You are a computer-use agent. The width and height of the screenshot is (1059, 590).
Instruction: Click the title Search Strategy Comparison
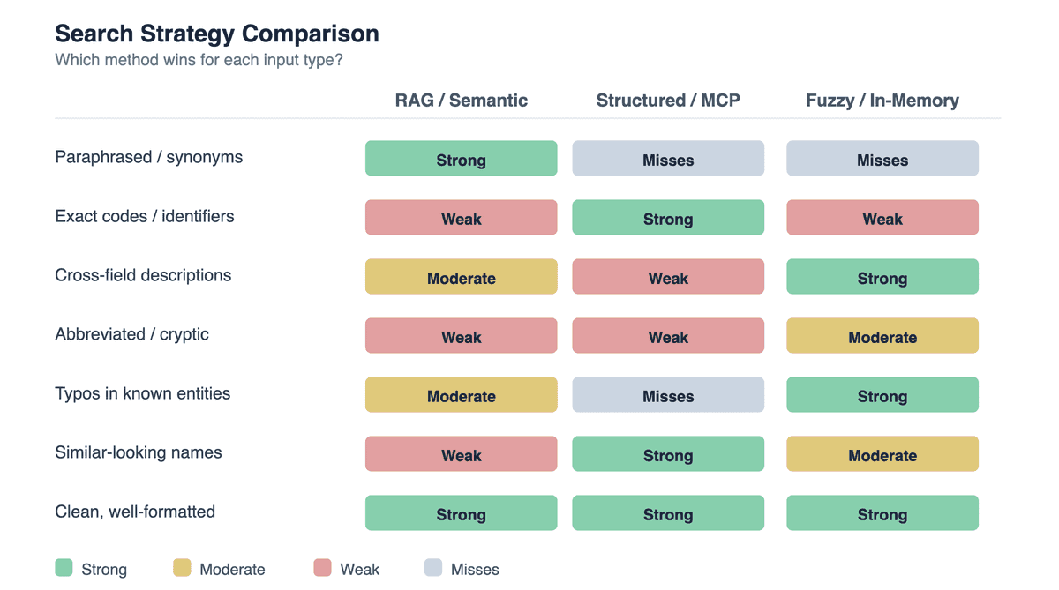[x=217, y=34]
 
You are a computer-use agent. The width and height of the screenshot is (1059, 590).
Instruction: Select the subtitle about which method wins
[x=199, y=61]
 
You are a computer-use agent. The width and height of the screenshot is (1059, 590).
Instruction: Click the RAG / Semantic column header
[x=461, y=101]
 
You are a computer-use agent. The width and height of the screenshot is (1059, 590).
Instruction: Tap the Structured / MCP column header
[x=668, y=101]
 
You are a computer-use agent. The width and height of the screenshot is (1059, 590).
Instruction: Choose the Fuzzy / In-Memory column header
[x=882, y=101]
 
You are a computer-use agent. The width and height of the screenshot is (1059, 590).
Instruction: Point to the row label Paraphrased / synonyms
[x=148, y=158]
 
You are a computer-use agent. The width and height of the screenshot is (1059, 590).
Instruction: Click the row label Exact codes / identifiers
[x=144, y=217]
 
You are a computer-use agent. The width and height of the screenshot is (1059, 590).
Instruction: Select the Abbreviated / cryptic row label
[x=131, y=335]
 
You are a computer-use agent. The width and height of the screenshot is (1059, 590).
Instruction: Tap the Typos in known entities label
[x=142, y=394]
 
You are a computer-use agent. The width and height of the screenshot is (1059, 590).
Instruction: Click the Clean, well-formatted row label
[x=135, y=512]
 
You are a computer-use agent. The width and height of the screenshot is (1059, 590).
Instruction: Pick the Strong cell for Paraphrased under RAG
[x=461, y=159]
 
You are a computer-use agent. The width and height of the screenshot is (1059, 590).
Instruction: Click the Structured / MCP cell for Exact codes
[x=668, y=218]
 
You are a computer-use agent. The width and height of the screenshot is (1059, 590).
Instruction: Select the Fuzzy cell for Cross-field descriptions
[x=882, y=277]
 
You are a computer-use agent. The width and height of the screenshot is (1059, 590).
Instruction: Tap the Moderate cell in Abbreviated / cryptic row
[x=882, y=336]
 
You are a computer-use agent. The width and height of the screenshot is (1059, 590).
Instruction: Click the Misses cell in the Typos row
[x=668, y=395]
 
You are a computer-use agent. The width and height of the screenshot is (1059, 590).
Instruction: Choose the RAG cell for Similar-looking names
[x=461, y=454]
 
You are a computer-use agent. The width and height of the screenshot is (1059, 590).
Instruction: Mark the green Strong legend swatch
[x=64, y=568]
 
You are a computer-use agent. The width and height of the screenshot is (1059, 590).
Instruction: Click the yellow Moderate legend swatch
[x=182, y=568]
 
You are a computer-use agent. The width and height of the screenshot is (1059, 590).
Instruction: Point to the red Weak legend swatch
[x=322, y=568]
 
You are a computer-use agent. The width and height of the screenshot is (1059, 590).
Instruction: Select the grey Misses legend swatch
[x=433, y=568]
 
